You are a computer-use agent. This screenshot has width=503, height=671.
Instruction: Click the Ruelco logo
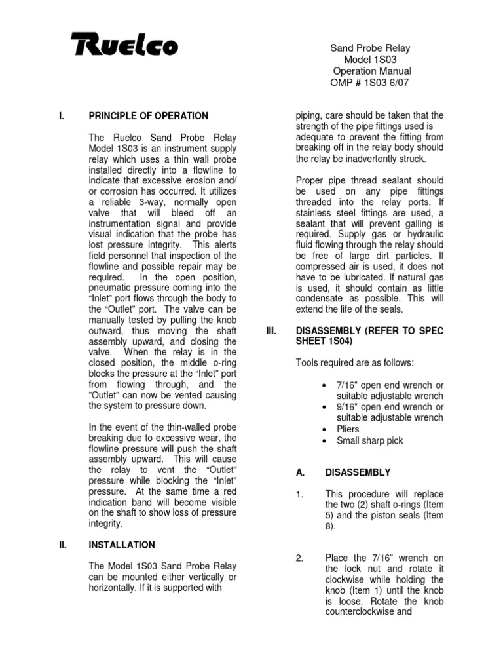pyautogui.click(x=123, y=47)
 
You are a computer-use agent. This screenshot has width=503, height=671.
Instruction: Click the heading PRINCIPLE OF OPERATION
pyautogui.click(x=148, y=116)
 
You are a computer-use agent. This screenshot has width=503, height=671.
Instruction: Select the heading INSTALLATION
pyautogui.click(x=121, y=545)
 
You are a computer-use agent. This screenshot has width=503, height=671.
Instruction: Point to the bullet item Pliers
pyautogui.click(x=348, y=429)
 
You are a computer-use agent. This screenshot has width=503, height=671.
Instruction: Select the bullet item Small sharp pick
pyautogui.click(x=369, y=440)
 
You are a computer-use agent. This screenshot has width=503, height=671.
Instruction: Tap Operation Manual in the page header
pyautogui.click(x=372, y=71)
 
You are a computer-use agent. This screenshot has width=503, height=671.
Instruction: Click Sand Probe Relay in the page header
pyautogui.click(x=370, y=48)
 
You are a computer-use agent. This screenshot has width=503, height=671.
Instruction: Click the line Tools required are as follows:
pyautogui.click(x=354, y=363)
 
